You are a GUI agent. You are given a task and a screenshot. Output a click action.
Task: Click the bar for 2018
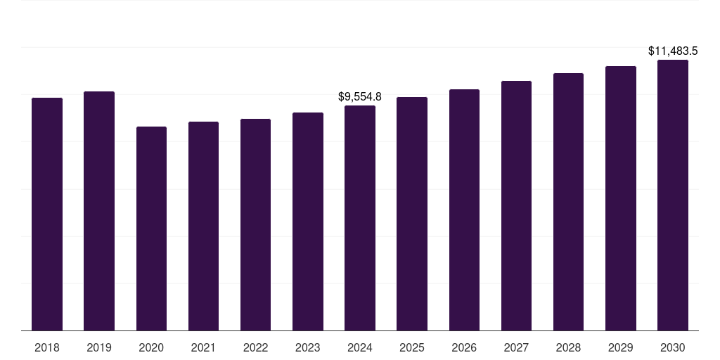coord(47,214)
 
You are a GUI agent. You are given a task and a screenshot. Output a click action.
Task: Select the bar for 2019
coord(99,211)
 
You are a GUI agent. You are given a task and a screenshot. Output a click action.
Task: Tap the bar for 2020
coord(151,229)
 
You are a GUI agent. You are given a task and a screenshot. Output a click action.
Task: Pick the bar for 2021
coord(203,226)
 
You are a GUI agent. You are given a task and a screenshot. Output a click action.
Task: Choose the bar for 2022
coord(255,224)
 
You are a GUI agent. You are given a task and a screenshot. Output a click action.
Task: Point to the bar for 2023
coord(308,221)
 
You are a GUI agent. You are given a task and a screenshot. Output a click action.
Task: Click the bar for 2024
coord(360,218)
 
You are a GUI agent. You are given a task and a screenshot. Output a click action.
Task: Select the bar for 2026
coord(464,210)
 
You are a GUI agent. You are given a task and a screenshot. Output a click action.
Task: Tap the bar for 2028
coord(568,202)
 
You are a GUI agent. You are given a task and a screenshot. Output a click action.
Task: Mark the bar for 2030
coord(673,195)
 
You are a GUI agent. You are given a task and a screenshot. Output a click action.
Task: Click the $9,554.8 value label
coord(360,96)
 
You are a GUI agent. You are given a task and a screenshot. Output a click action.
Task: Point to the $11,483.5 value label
coord(673,51)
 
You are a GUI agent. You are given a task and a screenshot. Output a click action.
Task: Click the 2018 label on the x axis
coord(47,347)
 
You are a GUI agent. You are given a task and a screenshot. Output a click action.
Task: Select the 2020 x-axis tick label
coord(151,347)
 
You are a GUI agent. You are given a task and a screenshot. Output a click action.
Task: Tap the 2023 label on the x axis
coord(308,347)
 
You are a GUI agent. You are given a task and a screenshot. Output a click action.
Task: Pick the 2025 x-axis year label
coord(412,347)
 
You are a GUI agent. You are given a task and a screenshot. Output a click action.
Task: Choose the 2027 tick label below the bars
coord(516,347)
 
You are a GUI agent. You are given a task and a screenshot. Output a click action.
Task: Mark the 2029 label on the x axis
coord(620,347)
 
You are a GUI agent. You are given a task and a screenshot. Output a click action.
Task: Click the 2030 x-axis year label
coord(673,347)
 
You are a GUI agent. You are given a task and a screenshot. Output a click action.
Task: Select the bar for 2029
coord(620,198)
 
